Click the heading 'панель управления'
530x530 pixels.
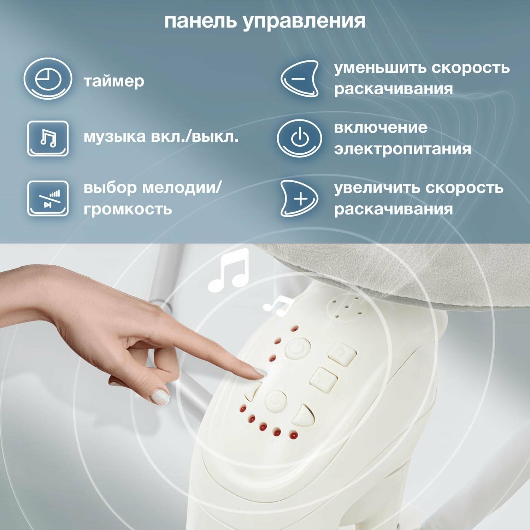(x=265, y=21)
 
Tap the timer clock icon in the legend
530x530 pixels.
(x=48, y=78)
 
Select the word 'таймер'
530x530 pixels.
(x=114, y=81)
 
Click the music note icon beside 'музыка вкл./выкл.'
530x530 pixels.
(x=48, y=138)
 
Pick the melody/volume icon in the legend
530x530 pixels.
(x=48, y=198)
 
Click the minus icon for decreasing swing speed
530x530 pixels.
(x=300, y=78)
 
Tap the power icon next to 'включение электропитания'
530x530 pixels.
(x=300, y=138)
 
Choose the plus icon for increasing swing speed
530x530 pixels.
(x=300, y=198)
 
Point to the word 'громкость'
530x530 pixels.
(x=128, y=209)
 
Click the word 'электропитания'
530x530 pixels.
(x=402, y=149)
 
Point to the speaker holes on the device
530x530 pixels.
(x=348, y=307)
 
